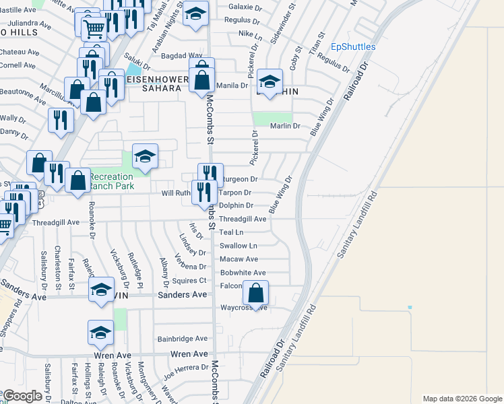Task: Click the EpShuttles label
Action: [353, 47]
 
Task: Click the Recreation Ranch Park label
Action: [111, 181]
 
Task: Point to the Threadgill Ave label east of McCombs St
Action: [243, 219]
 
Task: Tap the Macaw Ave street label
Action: [239, 259]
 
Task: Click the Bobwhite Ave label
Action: [243, 273]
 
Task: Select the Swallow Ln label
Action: [238, 246]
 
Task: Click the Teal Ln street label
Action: [231, 232]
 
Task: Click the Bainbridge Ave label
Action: [182, 339]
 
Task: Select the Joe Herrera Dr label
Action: [186, 370]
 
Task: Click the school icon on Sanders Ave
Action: [101, 290]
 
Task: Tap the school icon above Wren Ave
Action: [100, 333]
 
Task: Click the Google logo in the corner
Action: [23, 395]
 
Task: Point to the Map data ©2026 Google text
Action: [462, 399]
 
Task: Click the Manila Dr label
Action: [232, 86]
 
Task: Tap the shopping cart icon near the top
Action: [94, 29]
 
